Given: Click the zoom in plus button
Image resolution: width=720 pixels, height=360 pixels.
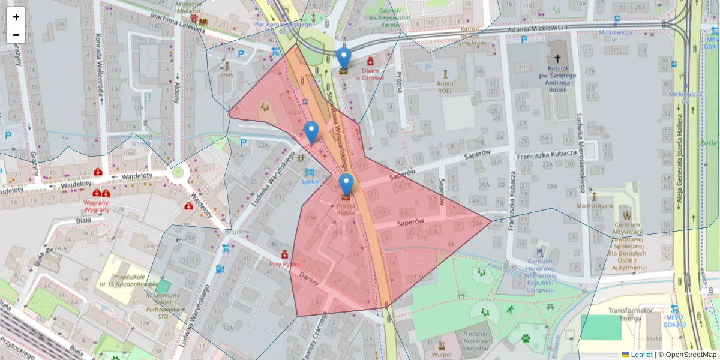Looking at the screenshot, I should [16, 16].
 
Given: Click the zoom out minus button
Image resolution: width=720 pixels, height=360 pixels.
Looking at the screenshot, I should [16, 35].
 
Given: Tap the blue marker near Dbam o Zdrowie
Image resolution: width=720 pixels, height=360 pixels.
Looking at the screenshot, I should [343, 59].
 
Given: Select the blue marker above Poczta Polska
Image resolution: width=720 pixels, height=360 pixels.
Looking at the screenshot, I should [346, 185].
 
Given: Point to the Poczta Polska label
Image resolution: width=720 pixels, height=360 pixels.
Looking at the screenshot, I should [346, 209].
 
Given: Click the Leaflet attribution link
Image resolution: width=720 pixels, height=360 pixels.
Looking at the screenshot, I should [641, 355].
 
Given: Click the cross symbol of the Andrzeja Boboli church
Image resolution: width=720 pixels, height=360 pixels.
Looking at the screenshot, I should [557, 59].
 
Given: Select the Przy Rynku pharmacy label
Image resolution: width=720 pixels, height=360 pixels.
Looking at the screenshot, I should [284, 263].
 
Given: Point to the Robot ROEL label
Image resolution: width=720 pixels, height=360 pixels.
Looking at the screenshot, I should [445, 87].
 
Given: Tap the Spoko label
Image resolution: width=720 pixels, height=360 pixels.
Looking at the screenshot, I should [310, 181].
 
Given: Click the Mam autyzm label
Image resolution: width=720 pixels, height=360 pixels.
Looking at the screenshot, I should [595, 205].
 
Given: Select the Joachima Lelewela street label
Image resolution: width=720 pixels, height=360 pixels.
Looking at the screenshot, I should [174, 22].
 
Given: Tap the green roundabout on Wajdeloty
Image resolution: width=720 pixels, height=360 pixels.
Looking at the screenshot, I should [178, 173].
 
